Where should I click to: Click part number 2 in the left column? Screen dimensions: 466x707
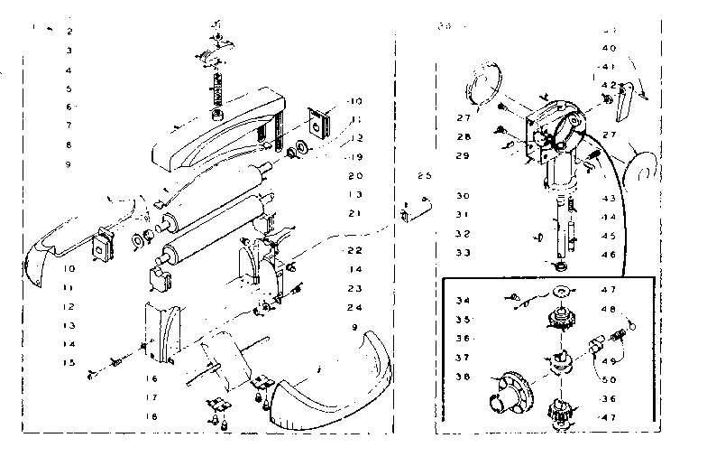pos(69,32)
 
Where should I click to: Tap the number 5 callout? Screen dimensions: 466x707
pos(69,89)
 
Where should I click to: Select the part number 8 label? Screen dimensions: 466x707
pos(69,144)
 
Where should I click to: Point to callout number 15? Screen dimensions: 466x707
pos(69,362)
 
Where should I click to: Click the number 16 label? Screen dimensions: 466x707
pos(152,380)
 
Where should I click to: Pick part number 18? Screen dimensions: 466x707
pos(152,416)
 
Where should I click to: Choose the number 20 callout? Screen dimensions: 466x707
pos(354,176)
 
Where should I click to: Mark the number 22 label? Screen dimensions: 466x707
pos(354,250)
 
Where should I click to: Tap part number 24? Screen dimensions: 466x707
pos(354,307)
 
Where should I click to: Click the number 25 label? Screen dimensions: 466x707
pos(425,175)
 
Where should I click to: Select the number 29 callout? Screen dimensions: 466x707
pos(464,156)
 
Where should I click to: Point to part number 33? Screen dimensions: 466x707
pos(464,253)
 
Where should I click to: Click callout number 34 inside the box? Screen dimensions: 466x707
pos(464,301)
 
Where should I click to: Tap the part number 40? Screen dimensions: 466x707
pos(609,48)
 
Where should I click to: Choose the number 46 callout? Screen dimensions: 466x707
pos(609,256)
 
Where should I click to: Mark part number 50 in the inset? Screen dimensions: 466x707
pos(609,379)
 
